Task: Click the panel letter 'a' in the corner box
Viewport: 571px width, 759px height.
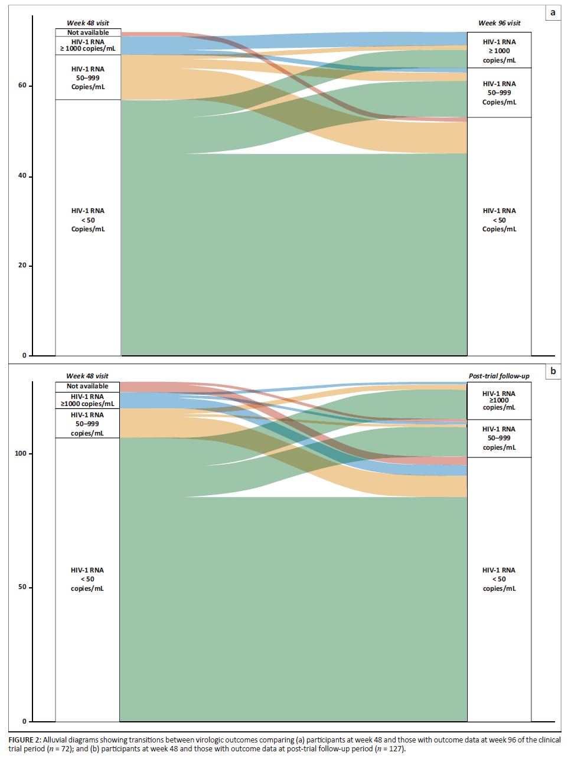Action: pyautogui.click(x=553, y=12)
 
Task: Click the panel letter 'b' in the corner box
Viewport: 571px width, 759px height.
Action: pyautogui.click(x=553, y=371)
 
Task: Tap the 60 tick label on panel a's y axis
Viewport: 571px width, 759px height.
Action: pyautogui.click(x=22, y=86)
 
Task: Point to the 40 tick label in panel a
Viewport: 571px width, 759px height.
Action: pyautogui.click(x=22, y=176)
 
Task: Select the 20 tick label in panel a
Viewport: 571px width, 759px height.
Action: pyautogui.click(x=22, y=266)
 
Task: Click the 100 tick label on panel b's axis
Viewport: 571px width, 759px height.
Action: pyautogui.click(x=21, y=453)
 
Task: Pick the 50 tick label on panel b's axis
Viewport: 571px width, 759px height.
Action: pyautogui.click(x=22, y=587)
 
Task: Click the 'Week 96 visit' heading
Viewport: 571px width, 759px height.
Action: pyautogui.click(x=499, y=23)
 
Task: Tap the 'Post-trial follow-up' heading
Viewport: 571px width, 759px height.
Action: pyautogui.click(x=499, y=376)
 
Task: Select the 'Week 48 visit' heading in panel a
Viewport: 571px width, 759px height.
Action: pyautogui.click(x=87, y=23)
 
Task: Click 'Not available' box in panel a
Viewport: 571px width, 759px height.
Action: pyautogui.click(x=88, y=32)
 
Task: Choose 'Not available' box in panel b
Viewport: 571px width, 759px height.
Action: pyautogui.click(x=87, y=387)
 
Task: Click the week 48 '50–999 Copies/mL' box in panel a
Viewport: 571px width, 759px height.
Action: pyautogui.click(x=88, y=77)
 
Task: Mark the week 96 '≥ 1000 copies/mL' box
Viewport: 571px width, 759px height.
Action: pyautogui.click(x=499, y=51)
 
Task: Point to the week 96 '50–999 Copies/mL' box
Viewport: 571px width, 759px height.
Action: pyautogui.click(x=499, y=93)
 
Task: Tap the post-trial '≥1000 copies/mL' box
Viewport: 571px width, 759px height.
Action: pyautogui.click(x=499, y=401)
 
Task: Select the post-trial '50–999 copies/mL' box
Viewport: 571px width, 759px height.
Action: pyautogui.click(x=499, y=439)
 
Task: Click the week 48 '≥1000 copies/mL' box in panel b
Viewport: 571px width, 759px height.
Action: pyautogui.click(x=87, y=400)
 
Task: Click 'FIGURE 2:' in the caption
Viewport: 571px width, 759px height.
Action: pyautogui.click(x=25, y=740)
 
